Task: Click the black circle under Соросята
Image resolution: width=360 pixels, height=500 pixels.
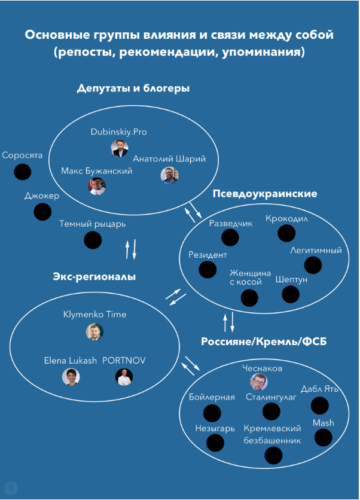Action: pos(23,172)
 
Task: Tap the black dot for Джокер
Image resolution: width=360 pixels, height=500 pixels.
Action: pos(42,212)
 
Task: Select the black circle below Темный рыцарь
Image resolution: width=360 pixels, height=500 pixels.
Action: pos(93,240)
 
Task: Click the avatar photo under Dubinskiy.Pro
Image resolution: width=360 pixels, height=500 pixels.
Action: pos(120,148)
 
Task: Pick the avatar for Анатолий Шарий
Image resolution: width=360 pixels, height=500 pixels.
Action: pos(169,175)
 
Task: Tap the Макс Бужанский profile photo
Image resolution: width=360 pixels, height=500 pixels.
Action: pos(97,186)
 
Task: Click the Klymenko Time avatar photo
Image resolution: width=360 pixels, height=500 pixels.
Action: pos(94,331)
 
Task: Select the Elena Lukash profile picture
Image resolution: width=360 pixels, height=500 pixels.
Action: pos(71,377)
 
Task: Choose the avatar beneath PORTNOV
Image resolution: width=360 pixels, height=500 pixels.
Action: pos(124,377)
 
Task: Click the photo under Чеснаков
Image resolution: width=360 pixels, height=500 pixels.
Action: pos(258,382)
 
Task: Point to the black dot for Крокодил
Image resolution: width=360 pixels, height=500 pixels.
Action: pos(286,233)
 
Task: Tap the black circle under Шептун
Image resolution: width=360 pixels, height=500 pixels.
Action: pos(291,294)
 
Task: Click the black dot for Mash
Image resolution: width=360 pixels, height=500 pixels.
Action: pos(324,437)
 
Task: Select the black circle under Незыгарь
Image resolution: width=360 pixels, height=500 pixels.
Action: pos(215,443)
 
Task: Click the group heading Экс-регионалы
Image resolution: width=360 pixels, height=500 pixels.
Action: pos(94,276)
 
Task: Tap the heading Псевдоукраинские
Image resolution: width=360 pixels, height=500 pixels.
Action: pos(265,194)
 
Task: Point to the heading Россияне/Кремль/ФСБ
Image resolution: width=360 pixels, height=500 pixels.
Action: pos(264,342)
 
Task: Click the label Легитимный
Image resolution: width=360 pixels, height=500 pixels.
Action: pos(316,251)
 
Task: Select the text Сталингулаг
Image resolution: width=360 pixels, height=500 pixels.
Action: pos(271,397)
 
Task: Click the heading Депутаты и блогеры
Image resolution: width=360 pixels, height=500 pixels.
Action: pos(133,89)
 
